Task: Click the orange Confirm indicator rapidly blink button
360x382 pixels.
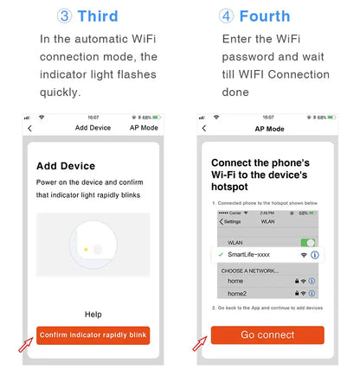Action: pos(93,334)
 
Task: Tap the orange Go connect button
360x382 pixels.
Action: pos(267,334)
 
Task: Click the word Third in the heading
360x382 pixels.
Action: pos(98,16)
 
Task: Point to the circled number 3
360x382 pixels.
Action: pos(64,16)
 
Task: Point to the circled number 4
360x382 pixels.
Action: pos(226,16)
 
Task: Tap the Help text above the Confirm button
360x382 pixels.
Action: pos(93,314)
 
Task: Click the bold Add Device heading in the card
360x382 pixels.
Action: pos(66,165)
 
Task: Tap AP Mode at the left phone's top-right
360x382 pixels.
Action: pos(144,128)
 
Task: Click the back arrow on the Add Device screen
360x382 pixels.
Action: pos(30,128)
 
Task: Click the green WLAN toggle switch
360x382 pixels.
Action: pos(307,243)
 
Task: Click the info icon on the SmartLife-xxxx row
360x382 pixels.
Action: pos(315,255)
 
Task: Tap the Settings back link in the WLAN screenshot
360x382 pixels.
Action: pos(230,221)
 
